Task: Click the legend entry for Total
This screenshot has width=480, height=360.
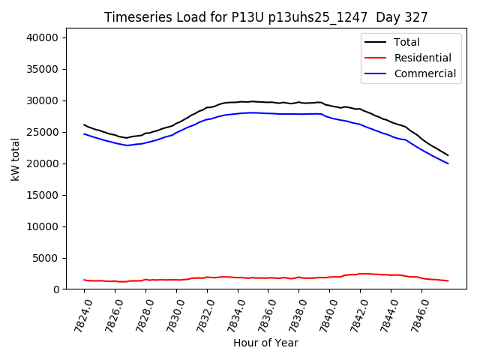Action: point(406,42)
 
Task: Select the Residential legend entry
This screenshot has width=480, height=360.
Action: point(422,58)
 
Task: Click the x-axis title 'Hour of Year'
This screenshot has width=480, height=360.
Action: point(265,343)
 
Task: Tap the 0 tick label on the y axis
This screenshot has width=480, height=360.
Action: point(56,289)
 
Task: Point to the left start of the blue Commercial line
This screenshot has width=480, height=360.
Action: point(84,133)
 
